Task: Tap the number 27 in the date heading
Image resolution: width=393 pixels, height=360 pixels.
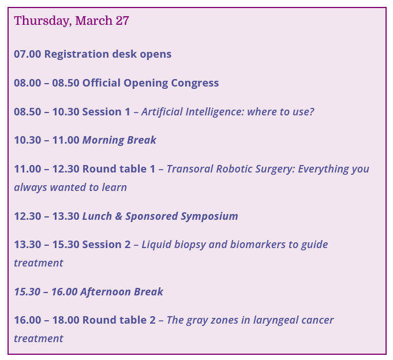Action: click(122, 21)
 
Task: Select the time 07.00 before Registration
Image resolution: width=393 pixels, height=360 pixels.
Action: click(27, 54)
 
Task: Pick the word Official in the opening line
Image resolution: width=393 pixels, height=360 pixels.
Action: click(102, 83)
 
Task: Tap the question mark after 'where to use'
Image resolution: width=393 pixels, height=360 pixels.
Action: click(312, 112)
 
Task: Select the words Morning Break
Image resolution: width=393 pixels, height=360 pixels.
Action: click(119, 140)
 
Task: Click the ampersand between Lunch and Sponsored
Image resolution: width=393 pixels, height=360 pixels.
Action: click(118, 216)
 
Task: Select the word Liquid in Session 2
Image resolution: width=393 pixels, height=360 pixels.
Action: click(156, 245)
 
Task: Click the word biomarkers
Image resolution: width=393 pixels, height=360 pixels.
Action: click(257, 245)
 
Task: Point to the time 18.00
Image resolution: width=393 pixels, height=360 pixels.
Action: click(66, 320)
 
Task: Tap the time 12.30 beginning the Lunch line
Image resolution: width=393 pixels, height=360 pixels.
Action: click(27, 216)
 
